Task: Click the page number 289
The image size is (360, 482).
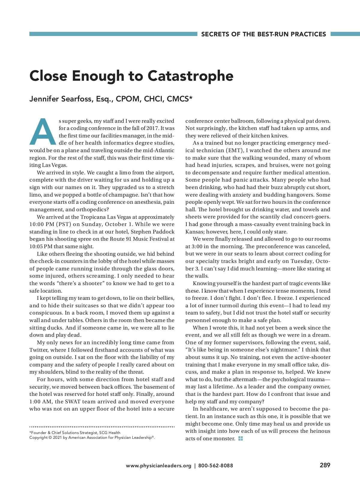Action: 325,465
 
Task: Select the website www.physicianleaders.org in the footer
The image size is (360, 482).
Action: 158,465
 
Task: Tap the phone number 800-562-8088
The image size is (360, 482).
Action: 216,465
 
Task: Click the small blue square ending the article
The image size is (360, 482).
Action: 240,438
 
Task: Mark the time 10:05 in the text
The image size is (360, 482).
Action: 37,246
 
